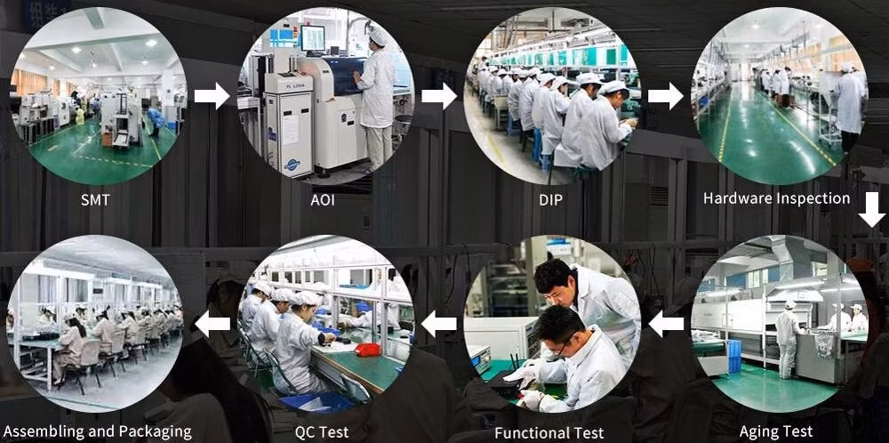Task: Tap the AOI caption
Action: point(324,199)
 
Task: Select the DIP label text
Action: point(550,199)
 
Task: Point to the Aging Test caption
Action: point(775,431)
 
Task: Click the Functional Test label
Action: point(549,433)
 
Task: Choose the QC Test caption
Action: point(322,432)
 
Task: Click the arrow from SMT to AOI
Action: point(212,96)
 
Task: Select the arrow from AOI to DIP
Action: point(439,96)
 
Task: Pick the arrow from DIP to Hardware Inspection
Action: point(666,96)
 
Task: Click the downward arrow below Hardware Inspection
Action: point(871,209)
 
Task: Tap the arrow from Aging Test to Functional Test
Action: point(666,325)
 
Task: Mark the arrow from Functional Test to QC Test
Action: point(439,325)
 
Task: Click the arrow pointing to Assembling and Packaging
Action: point(212,325)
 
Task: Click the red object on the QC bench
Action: point(368,350)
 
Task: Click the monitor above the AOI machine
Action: point(312,37)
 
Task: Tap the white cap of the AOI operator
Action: point(377,36)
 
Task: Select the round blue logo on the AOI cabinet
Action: point(292,165)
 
